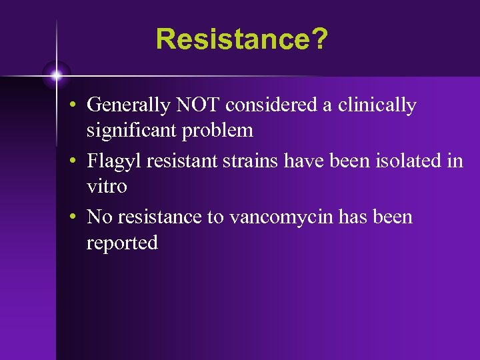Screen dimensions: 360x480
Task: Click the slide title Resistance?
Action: pyautogui.click(x=241, y=39)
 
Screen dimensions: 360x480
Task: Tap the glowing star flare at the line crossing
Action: pyautogui.click(x=57, y=76)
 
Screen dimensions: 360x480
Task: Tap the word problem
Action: pyautogui.click(x=219, y=131)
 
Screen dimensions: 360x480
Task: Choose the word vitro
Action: pyautogui.click(x=107, y=186)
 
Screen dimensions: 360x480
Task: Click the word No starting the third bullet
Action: pyautogui.click(x=99, y=217)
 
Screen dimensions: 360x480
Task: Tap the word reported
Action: pyautogui.click(x=122, y=243)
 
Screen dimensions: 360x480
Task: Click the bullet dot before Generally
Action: pyautogui.click(x=78, y=106)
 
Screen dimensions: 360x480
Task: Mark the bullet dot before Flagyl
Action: pyautogui.click(x=78, y=162)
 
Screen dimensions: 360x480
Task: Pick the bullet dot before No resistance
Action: pyautogui.click(x=78, y=218)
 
